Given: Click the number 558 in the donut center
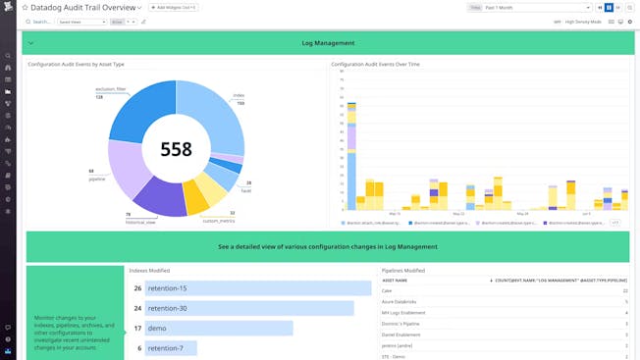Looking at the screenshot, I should coord(177,149).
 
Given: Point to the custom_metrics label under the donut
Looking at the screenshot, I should coord(218,221).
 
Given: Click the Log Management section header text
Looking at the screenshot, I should coord(328,43).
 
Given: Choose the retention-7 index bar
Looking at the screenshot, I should coord(171,347).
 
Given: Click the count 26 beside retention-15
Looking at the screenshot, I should coord(137,288).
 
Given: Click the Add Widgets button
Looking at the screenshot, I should coord(173,7).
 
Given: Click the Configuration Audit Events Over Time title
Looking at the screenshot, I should coord(375,64).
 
